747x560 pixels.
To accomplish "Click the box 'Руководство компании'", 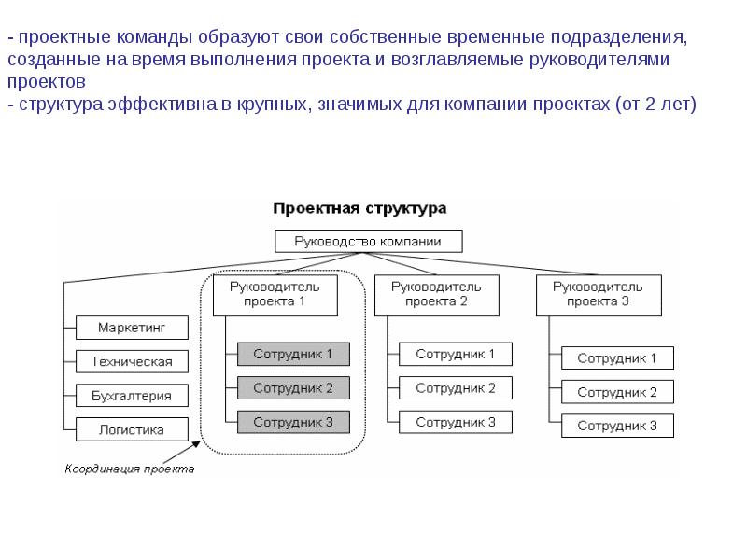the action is (368, 242).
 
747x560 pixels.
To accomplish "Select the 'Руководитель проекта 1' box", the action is (275, 295).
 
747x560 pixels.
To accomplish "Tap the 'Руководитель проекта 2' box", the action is (436, 295).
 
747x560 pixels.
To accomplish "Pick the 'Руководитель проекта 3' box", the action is (599, 295).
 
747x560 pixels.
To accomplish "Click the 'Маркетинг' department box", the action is (132, 328).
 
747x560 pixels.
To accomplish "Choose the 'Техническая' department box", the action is (132, 361).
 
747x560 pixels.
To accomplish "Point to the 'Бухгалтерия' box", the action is (132, 396).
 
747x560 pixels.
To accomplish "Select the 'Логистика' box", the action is (132, 429).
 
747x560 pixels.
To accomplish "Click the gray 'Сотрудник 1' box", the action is (293, 354).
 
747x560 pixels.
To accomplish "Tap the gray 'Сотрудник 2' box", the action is (293, 388).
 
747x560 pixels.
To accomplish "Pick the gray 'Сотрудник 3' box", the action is (293, 422).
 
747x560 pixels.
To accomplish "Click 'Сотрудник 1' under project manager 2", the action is (456, 354).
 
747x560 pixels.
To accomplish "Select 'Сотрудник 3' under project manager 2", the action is (456, 422).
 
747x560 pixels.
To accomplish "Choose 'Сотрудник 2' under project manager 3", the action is (617, 392).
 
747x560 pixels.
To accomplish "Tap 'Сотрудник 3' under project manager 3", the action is (617, 426).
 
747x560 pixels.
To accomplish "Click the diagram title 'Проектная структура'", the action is (359, 209).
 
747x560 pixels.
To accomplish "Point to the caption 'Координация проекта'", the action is (130, 469).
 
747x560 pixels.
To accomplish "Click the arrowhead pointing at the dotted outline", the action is (196, 445).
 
